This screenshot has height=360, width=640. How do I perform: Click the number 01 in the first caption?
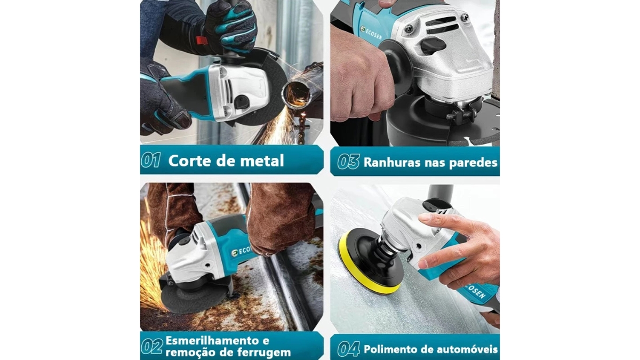pyautogui.click(x=151, y=161)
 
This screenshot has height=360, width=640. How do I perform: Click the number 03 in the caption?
pyautogui.click(x=348, y=162)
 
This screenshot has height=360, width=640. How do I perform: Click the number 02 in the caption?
pyautogui.click(x=151, y=347)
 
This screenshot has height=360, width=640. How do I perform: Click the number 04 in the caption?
pyautogui.click(x=348, y=349)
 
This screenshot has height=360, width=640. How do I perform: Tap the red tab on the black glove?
pyautogui.click(x=201, y=40)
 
